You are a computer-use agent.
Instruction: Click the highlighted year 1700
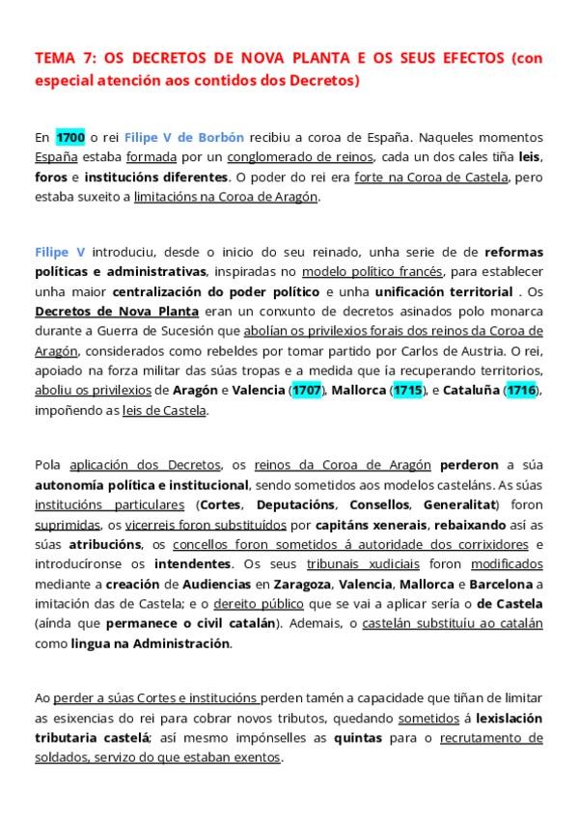pos(72,137)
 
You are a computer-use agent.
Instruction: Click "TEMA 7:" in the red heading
pos(65,59)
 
